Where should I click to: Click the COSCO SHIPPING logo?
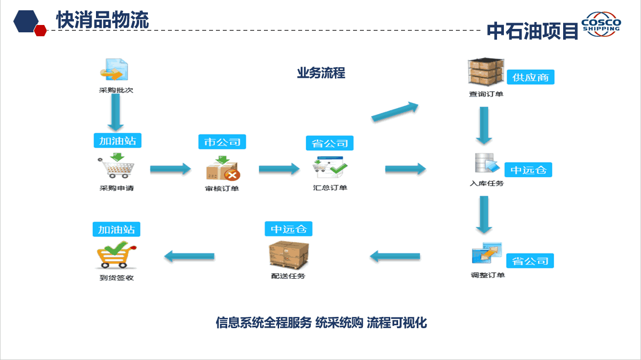(601, 24)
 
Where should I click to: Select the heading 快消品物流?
(103, 20)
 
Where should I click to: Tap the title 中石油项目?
(532, 31)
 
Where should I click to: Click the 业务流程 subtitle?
(321, 73)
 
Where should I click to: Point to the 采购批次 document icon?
(114, 70)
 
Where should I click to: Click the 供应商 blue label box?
(530, 77)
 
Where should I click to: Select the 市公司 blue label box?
(222, 142)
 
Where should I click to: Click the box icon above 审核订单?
(223, 168)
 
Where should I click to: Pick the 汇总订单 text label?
(330, 188)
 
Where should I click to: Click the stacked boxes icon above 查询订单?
(486, 72)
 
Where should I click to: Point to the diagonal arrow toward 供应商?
(395, 112)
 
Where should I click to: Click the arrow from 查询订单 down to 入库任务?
(484, 125)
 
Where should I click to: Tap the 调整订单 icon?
(487, 253)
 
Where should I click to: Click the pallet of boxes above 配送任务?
(289, 255)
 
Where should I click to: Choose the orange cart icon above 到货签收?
(116, 255)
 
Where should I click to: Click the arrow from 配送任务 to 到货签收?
(190, 256)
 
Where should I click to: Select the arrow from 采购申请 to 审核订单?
(170, 169)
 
